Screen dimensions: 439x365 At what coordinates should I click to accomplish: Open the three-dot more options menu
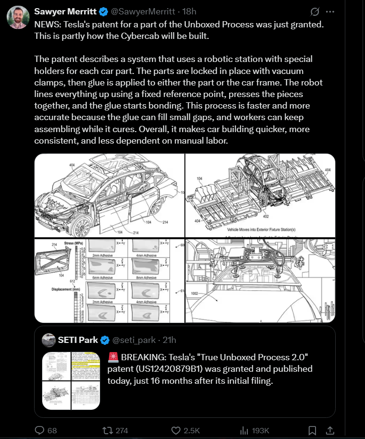point(329,11)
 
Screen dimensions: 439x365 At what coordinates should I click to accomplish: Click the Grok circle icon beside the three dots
point(315,11)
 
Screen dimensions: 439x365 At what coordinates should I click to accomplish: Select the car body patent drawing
point(109,195)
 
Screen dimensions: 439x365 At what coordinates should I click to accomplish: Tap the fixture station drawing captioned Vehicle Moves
point(260,195)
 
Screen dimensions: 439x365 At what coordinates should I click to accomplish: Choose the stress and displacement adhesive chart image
point(109,280)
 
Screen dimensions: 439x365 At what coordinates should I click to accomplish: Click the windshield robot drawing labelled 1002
point(260,280)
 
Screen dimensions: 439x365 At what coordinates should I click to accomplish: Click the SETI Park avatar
point(49,340)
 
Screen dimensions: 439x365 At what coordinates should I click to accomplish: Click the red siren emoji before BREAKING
point(114,357)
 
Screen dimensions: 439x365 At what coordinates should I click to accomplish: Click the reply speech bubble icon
point(40,430)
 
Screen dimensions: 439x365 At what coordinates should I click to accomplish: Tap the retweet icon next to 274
point(108,430)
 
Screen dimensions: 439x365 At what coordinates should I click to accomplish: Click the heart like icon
point(176,430)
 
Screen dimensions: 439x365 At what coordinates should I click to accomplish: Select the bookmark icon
point(312,430)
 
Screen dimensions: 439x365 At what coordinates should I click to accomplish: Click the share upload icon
point(330,430)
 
